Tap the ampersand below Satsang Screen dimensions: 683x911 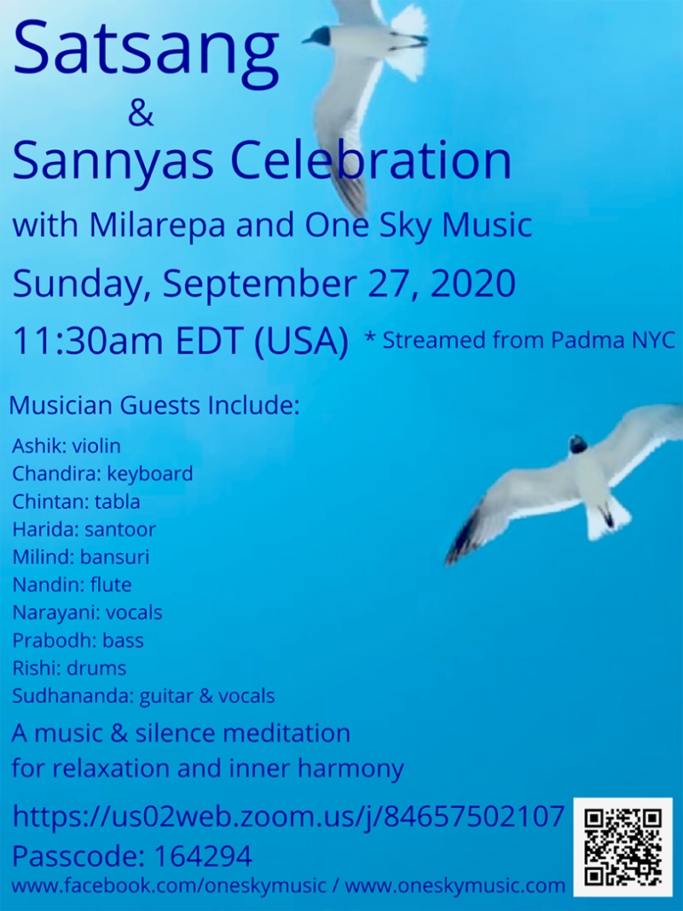(x=141, y=113)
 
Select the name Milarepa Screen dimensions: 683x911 (x=157, y=225)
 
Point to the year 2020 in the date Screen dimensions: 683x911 (x=473, y=283)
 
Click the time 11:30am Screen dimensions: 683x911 (x=88, y=340)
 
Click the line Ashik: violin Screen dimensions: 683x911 (x=67, y=446)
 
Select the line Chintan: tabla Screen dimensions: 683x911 (x=76, y=502)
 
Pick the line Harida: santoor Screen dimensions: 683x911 (x=84, y=529)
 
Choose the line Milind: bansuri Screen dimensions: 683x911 (x=81, y=557)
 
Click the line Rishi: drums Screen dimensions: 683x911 (x=69, y=668)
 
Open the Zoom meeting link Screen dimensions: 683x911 (x=289, y=817)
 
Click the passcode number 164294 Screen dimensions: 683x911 (x=203, y=856)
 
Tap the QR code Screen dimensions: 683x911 (x=623, y=847)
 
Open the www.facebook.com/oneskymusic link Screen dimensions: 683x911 (x=169, y=886)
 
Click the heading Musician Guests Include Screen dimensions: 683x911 (x=154, y=405)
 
